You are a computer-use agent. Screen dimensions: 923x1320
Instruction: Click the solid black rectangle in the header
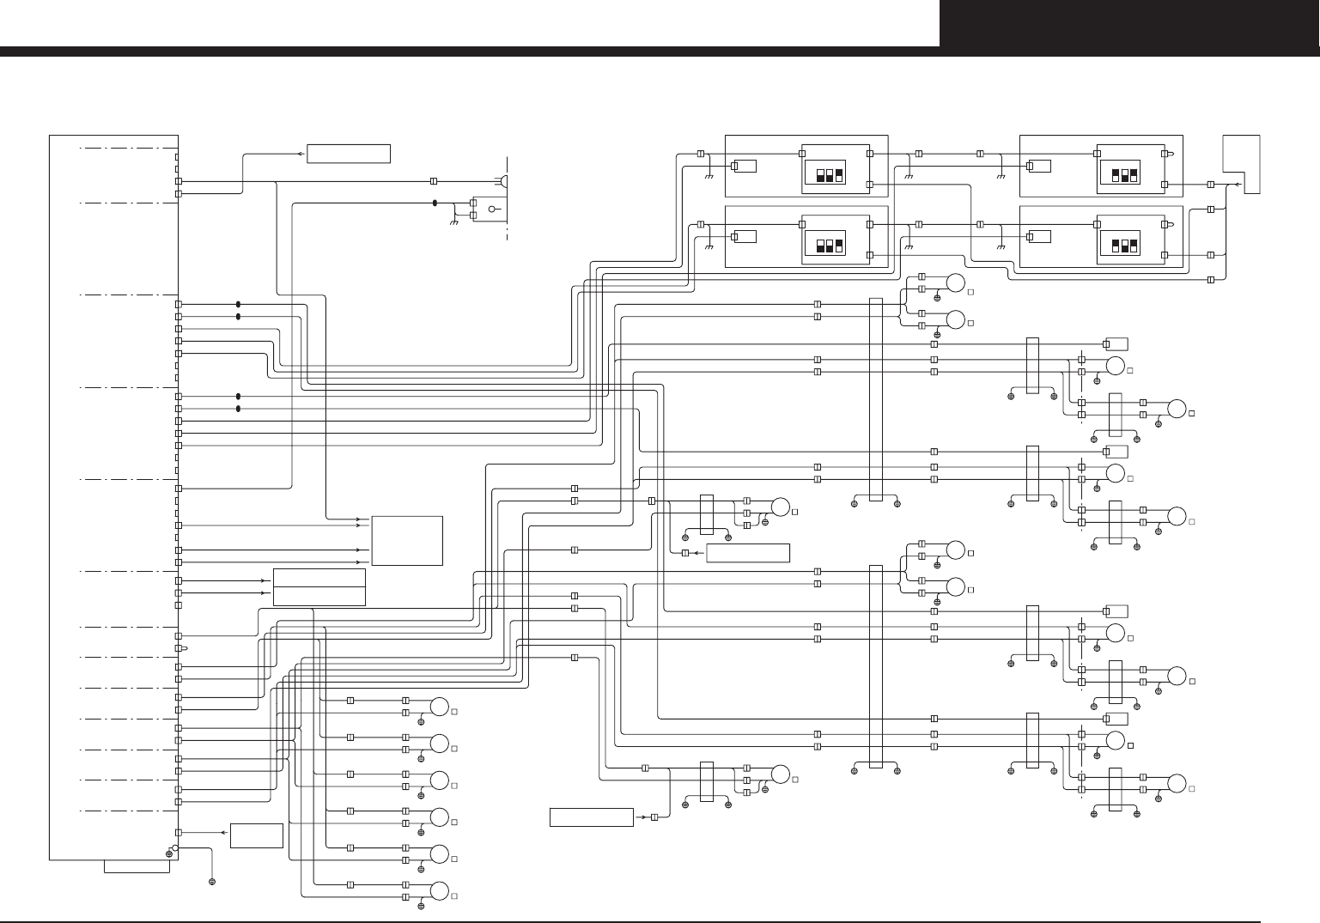1129,23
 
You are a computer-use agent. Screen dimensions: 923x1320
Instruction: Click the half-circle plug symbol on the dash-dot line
505,181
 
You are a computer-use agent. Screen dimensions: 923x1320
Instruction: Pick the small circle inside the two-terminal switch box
492,209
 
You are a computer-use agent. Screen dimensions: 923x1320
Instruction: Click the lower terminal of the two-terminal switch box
474,215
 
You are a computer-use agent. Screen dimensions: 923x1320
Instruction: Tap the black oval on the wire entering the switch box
435,203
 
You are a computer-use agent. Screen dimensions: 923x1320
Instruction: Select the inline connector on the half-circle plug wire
434,181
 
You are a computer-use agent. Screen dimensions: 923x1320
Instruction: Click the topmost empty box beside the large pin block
349,154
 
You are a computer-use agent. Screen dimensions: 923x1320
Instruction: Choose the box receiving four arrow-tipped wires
407,540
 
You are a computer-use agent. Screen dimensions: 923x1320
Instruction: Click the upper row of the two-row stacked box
319,578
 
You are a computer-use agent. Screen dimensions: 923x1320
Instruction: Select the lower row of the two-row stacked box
319,596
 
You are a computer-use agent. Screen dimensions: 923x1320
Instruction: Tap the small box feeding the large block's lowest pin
257,835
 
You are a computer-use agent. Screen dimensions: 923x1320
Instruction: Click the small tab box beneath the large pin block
137,865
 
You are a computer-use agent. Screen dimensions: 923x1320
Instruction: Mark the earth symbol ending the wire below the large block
212,882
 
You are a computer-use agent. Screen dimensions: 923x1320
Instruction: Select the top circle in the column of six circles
440,707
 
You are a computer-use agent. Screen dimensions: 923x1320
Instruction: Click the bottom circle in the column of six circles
440,890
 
